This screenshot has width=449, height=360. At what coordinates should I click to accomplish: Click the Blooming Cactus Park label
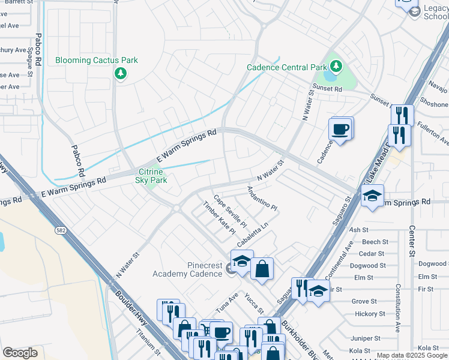click(97, 60)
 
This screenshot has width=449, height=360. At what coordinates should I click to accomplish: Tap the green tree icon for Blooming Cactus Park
click(121, 73)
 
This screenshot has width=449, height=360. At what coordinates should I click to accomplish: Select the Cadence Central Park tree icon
click(336, 66)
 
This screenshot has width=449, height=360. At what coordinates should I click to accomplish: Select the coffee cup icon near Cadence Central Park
click(340, 129)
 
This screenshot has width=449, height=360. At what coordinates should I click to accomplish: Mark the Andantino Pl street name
click(262, 198)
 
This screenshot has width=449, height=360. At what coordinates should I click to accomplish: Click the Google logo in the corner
click(20, 353)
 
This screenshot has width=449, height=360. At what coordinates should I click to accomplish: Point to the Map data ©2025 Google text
click(412, 355)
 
